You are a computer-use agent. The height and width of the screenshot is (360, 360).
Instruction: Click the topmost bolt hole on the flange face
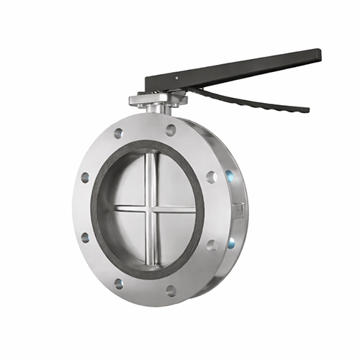click(171, 130)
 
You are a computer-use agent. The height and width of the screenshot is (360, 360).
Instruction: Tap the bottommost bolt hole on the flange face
click(171, 291)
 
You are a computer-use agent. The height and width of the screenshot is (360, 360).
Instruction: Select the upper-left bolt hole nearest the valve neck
click(118, 133)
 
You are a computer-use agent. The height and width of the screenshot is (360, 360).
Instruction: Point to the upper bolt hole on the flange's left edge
click(85, 177)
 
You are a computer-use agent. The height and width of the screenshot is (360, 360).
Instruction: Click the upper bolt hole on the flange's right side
click(211, 176)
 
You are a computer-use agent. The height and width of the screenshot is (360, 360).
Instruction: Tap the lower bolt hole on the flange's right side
click(212, 245)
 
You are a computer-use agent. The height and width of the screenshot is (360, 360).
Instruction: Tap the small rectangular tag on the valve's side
click(239, 210)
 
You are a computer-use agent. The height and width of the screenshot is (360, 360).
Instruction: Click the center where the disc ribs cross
click(150, 209)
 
